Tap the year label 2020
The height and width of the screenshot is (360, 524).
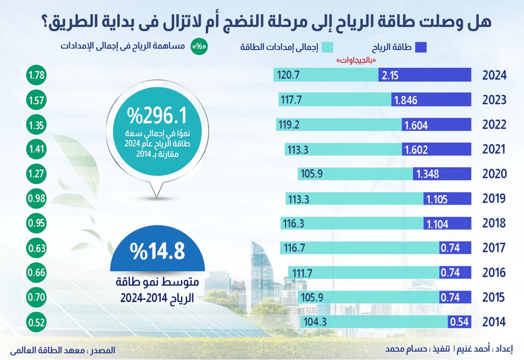pos(494,174)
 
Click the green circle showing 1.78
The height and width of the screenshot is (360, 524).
pos(35,76)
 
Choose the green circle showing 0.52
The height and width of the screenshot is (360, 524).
pos(35,322)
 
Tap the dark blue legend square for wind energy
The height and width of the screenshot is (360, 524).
pos(421,48)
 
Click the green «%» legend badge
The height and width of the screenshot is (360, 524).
pos(197,47)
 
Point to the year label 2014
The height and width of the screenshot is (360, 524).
pos(494,322)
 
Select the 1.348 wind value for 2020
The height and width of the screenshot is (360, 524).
pos(427,174)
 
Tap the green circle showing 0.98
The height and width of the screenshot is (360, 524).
pos(35,198)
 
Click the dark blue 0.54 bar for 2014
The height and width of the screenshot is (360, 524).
pos(458,322)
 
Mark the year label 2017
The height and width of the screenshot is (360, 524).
pos(494,248)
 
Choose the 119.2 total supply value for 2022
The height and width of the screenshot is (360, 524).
pos(297,125)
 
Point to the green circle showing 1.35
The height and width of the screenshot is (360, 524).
pos(35,125)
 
